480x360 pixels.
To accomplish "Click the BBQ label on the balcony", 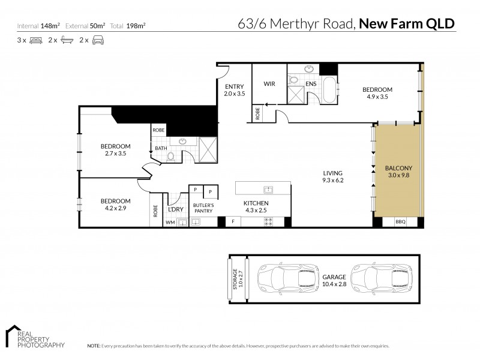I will click(x=400, y=222).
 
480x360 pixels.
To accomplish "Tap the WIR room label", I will click(x=269, y=83).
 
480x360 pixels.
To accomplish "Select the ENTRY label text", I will click(x=234, y=90).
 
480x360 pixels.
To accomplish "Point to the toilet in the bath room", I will click(x=170, y=156).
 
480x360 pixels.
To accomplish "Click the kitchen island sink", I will click(x=269, y=190).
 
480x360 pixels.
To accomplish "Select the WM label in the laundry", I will click(x=169, y=222).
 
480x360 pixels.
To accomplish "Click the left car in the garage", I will click(x=281, y=277).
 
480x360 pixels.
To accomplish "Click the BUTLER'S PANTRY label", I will click(x=203, y=208).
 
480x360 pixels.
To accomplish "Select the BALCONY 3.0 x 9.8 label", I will click(x=398, y=172).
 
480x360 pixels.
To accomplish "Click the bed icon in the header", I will click(x=35, y=41).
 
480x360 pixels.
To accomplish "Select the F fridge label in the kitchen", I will click(x=233, y=222).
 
